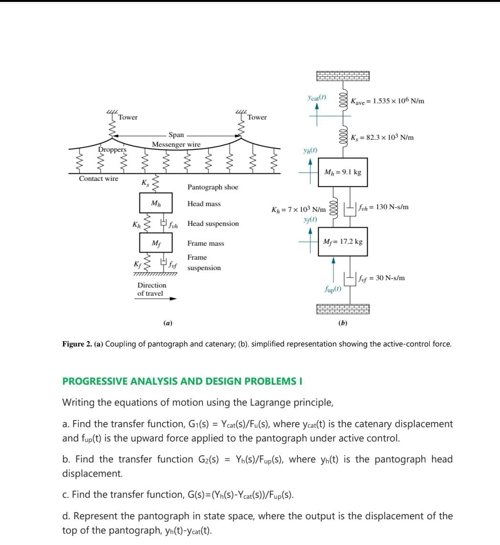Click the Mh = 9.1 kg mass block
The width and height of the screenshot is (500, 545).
click(342, 172)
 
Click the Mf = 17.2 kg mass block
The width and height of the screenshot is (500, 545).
click(342, 242)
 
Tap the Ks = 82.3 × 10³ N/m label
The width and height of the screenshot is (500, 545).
click(382, 137)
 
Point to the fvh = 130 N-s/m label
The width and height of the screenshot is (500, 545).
click(385, 207)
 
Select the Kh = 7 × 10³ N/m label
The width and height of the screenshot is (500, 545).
click(298, 210)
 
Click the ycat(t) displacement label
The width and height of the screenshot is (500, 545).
click(317, 97)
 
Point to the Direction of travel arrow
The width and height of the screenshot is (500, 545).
click(157, 299)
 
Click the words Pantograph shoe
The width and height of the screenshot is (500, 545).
click(213, 188)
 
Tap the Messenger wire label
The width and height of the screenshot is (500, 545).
click(176, 144)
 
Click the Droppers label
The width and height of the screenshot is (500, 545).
click(112, 149)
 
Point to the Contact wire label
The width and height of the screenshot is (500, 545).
click(98, 178)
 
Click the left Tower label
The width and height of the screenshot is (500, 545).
click(128, 117)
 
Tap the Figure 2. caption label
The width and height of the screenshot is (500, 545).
click(77, 344)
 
